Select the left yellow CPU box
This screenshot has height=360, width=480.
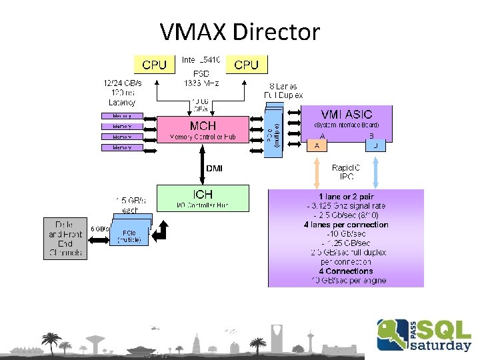[x=155, y=64]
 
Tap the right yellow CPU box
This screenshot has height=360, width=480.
[x=247, y=64]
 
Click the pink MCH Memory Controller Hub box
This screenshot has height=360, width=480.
[x=202, y=129]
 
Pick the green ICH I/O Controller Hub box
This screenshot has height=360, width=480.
[x=202, y=198]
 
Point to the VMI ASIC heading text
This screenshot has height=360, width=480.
[x=347, y=114]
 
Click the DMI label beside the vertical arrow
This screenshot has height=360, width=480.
[x=215, y=169]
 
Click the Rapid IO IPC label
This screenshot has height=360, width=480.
[x=347, y=172]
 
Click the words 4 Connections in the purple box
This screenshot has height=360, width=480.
[x=345, y=271]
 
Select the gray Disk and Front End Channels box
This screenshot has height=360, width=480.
[x=65, y=238]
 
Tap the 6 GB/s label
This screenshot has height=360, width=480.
[x=100, y=229]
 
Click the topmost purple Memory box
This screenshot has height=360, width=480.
[x=122, y=115]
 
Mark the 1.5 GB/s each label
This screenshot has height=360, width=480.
[x=130, y=203]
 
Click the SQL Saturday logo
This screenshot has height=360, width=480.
[x=424, y=335]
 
